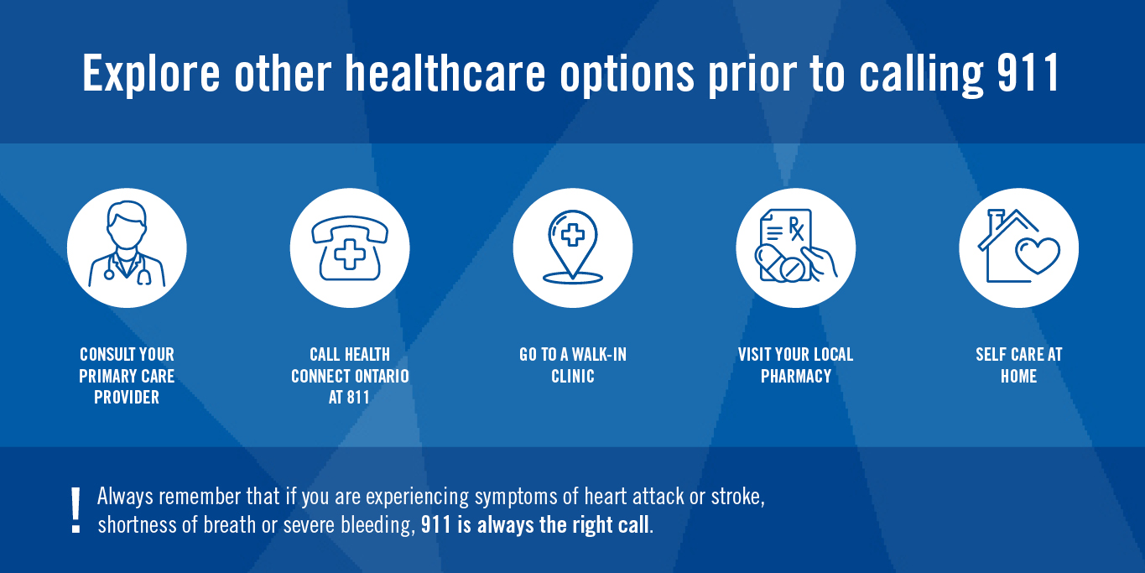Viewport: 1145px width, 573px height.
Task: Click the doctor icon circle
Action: [x=127, y=247]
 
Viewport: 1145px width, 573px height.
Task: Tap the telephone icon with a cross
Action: [x=350, y=247]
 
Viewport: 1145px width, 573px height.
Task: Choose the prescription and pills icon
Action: [x=796, y=247]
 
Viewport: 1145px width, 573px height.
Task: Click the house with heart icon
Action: [x=1018, y=247]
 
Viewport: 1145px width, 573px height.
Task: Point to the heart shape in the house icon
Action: [x=1038, y=254]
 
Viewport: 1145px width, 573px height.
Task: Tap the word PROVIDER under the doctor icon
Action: [x=127, y=398]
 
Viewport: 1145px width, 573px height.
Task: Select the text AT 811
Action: [x=349, y=398]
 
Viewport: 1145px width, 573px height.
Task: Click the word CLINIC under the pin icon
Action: [x=573, y=377]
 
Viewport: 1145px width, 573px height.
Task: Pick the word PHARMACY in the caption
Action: [x=796, y=377]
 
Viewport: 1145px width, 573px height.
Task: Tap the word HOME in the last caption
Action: [x=1018, y=377]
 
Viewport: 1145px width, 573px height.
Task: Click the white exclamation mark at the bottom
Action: [x=76, y=511]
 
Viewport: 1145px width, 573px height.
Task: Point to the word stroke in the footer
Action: [x=737, y=497]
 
